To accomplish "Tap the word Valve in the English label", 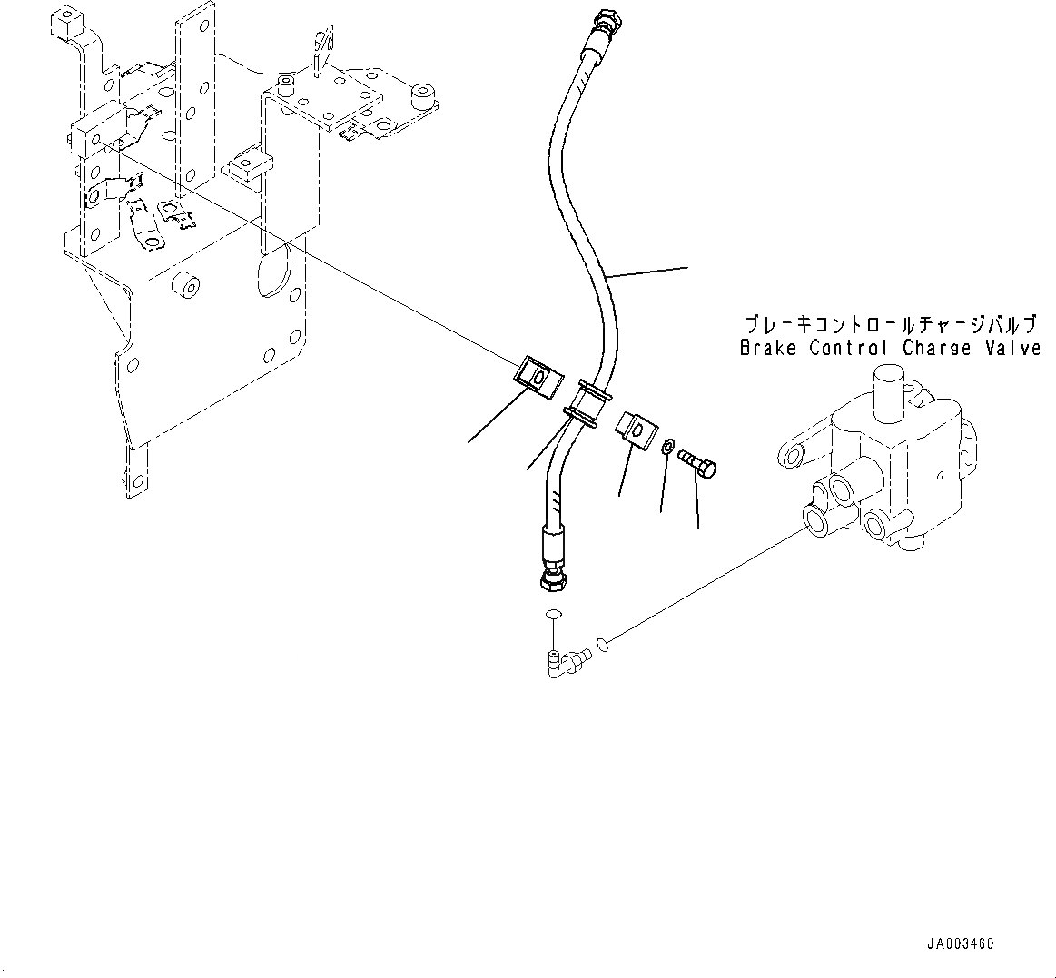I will click(1013, 348).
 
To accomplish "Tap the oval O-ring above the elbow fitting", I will click(553, 616).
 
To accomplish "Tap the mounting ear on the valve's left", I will click(794, 453).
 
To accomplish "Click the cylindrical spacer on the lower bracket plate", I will click(187, 284).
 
